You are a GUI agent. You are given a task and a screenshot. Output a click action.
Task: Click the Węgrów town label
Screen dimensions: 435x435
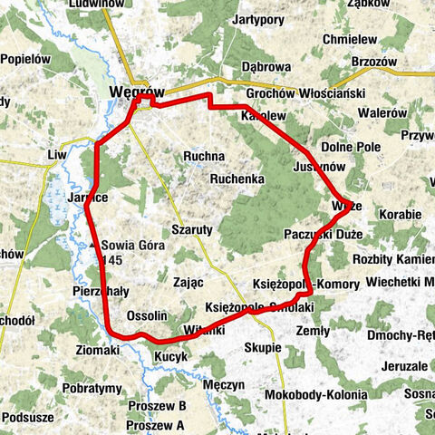click(x=136, y=92)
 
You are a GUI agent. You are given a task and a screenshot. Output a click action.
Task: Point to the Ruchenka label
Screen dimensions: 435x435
click(x=237, y=179)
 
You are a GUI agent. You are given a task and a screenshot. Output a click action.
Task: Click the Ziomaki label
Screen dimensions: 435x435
click(x=98, y=350)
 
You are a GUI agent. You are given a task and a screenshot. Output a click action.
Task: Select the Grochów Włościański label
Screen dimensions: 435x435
click(x=304, y=94)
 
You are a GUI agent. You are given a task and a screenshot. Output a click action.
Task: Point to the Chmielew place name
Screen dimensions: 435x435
click(x=350, y=40)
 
